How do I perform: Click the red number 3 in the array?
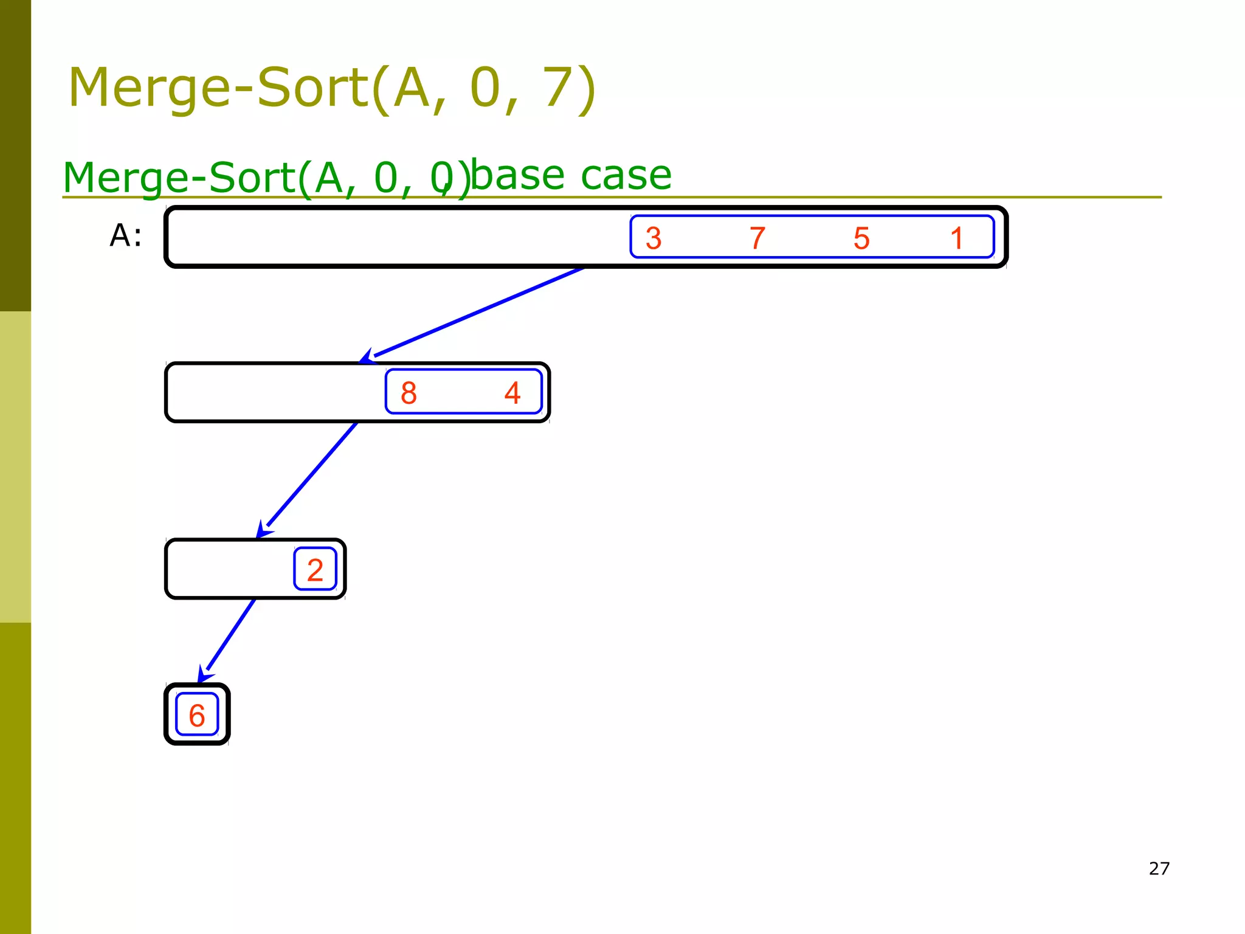[654, 238]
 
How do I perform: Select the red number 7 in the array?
[757, 238]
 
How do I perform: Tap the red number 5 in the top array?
[861, 238]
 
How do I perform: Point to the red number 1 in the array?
[957, 238]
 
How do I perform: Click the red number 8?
[409, 393]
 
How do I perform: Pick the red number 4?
[512, 393]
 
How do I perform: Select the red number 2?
[315, 570]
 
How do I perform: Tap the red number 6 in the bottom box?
[197, 716]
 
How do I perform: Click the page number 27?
[1159, 868]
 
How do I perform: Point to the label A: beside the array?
[126, 235]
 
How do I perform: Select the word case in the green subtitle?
[626, 176]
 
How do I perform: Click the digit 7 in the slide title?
[559, 88]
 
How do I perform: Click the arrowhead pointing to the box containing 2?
[263, 530]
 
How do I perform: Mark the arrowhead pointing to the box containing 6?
[204, 675]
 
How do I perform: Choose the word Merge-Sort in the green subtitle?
[179, 178]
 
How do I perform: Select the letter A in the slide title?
[412, 88]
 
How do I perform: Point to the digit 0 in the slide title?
[485, 88]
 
